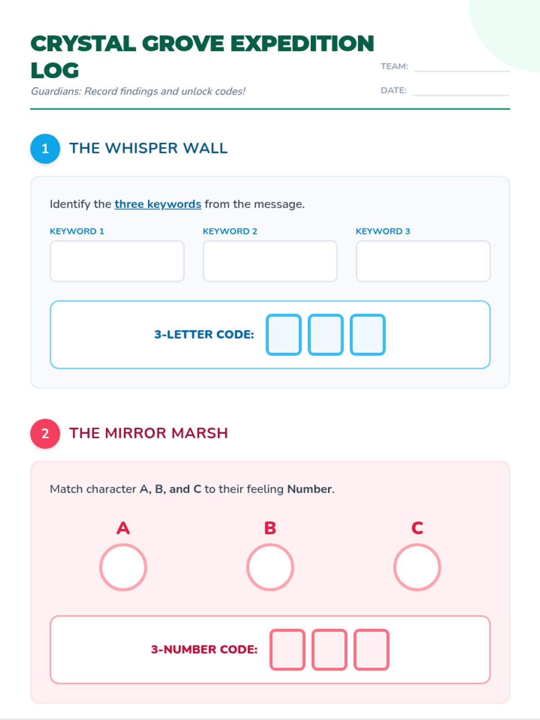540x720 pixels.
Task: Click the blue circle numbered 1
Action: [x=45, y=148]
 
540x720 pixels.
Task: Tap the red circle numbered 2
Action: [x=45, y=433]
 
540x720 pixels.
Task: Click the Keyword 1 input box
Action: [x=117, y=261]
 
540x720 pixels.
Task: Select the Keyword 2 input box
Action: [x=270, y=261]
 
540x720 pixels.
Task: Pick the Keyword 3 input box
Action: [x=423, y=261]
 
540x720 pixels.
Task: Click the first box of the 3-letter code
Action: [x=283, y=335]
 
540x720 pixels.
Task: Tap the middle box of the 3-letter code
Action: [x=325, y=335]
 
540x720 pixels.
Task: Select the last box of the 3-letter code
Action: [x=368, y=335]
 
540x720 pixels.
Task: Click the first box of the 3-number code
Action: [x=288, y=649]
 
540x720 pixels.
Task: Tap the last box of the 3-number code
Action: [x=372, y=649]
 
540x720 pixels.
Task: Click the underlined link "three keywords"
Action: [x=157, y=204]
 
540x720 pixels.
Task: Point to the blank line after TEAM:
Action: [x=462, y=71]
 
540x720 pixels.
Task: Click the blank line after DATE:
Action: [x=461, y=95]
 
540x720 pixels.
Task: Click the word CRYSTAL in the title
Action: [x=83, y=43]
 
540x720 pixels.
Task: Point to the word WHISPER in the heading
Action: [x=142, y=148]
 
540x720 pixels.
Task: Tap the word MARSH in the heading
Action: [x=199, y=433]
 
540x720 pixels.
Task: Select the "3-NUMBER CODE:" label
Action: [x=204, y=649]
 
